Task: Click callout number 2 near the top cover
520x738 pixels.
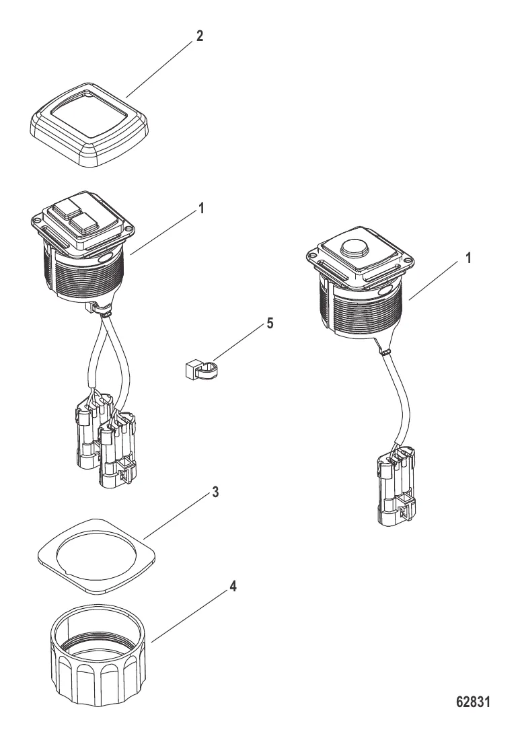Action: pos(200,36)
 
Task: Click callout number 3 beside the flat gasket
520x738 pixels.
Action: pos(215,492)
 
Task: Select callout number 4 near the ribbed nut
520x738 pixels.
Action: pos(232,587)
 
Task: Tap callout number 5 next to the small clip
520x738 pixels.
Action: pos(270,324)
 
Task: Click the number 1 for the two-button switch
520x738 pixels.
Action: pos(201,208)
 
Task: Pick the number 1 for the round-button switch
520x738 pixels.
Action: pos(468,258)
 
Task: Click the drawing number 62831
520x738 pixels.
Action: pos(473,702)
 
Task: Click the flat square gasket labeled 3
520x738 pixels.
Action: pos(96,556)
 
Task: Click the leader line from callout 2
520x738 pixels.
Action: pos(159,69)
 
